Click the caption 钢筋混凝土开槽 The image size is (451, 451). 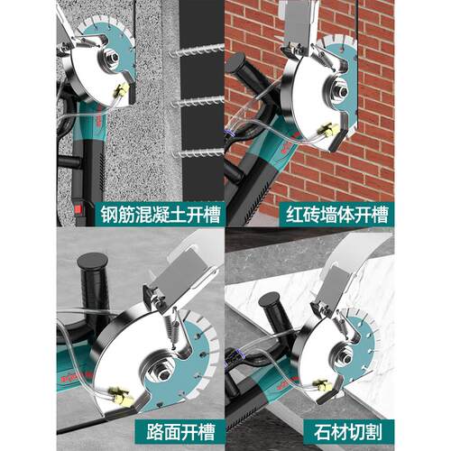[161, 215]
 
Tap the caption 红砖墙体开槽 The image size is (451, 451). [336, 215]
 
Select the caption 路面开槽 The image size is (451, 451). [180, 432]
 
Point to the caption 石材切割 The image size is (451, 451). [348, 432]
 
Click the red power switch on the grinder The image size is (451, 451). [78, 209]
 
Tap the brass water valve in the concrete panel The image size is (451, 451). [122, 89]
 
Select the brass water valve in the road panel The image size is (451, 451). [121, 396]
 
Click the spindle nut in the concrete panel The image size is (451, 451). [114, 57]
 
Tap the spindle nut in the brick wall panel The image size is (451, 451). [342, 91]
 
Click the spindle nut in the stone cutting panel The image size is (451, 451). [348, 359]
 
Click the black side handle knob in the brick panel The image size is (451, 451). [236, 62]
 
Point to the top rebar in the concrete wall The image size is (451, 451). [197, 51]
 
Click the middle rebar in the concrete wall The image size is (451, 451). [198, 102]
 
